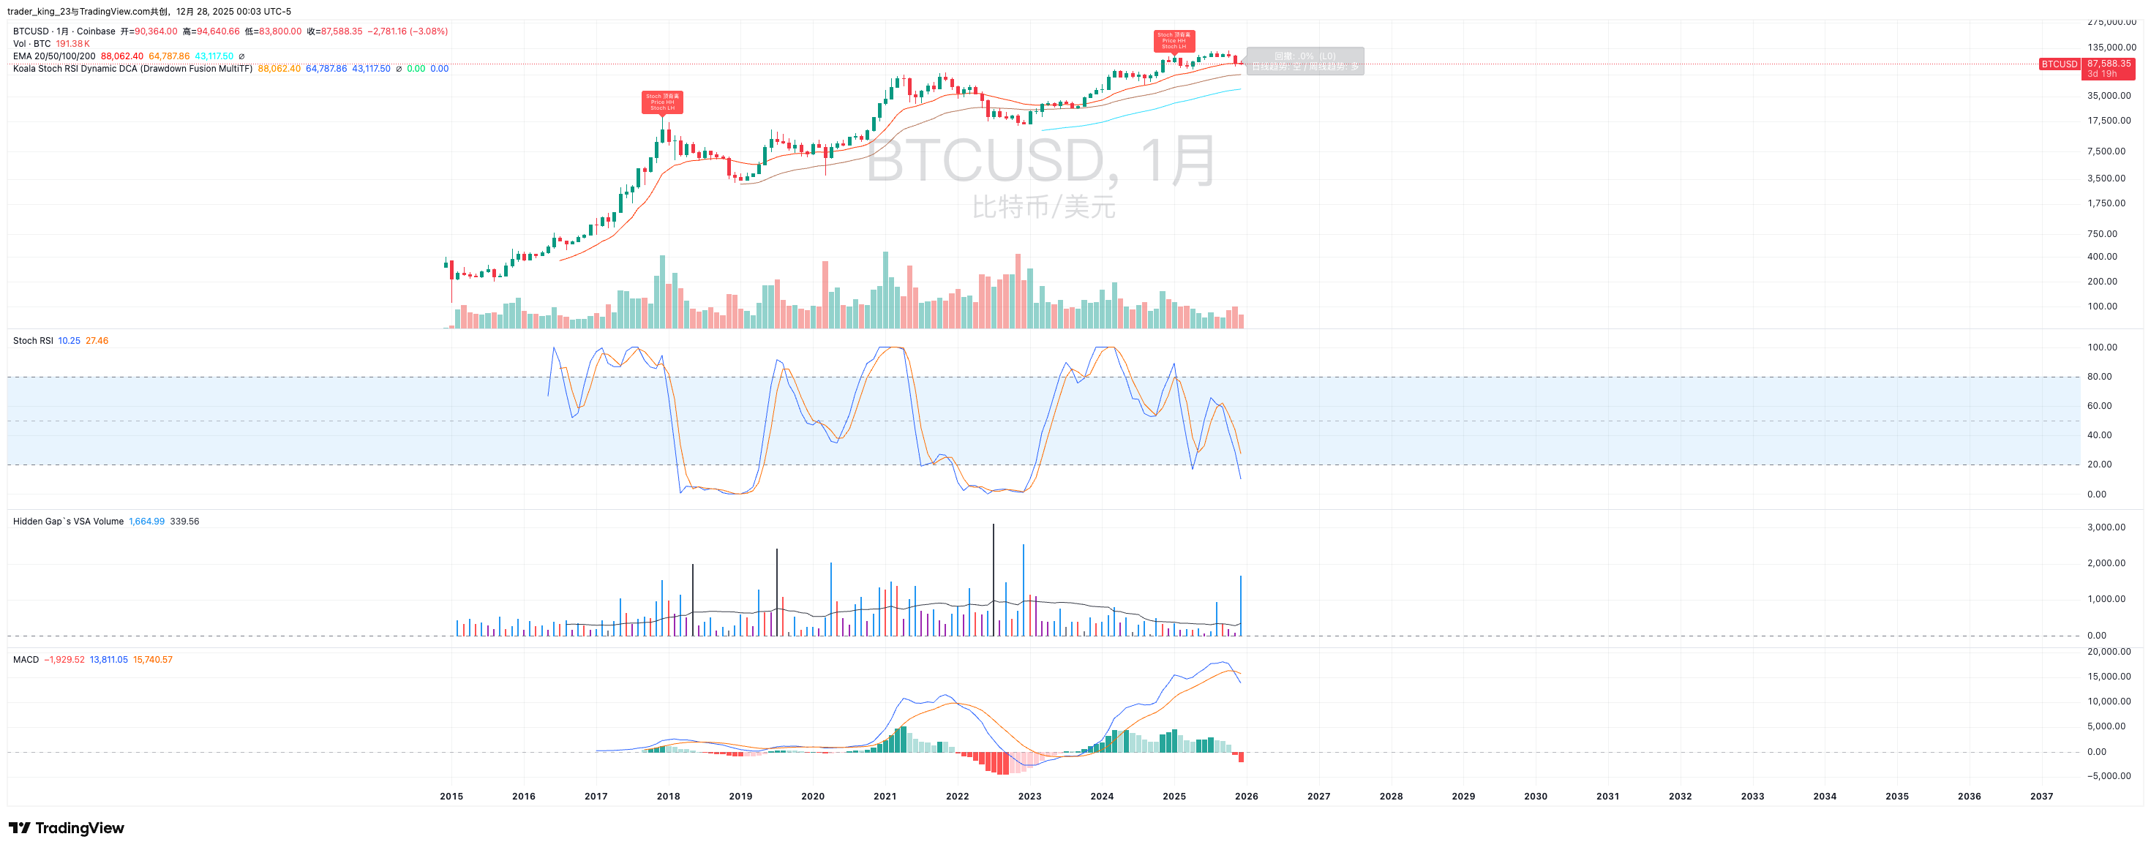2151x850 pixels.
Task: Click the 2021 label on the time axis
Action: point(885,797)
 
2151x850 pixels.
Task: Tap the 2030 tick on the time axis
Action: point(1535,797)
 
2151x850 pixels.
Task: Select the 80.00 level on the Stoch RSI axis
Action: point(2099,377)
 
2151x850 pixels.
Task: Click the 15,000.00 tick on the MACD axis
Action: point(2109,677)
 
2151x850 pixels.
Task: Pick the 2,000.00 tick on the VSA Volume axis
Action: point(2106,563)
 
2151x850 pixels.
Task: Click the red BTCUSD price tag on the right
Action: point(2058,64)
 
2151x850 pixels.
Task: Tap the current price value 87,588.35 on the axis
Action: point(2109,64)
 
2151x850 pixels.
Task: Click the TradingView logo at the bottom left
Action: point(67,827)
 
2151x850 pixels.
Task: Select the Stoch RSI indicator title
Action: point(33,341)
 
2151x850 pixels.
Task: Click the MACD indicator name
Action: point(26,660)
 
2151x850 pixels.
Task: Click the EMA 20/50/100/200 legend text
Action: point(54,56)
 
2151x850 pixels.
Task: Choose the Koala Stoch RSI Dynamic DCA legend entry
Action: point(132,69)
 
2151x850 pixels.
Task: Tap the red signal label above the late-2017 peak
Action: point(662,102)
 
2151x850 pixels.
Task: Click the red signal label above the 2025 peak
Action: point(1174,40)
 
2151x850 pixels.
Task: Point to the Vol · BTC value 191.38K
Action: point(72,43)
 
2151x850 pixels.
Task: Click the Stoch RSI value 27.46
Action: point(97,341)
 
